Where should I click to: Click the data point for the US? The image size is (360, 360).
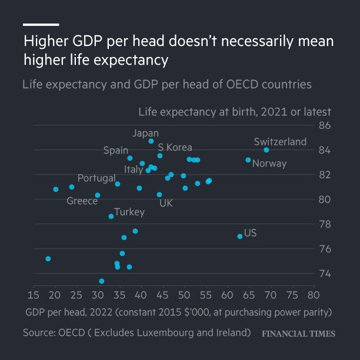[x=240, y=236]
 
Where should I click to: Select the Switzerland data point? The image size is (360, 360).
[x=266, y=150]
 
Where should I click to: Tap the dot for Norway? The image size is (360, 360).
[x=248, y=160]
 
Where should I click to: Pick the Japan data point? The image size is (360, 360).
[x=151, y=141]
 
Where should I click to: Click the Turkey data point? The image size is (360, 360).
[x=111, y=216]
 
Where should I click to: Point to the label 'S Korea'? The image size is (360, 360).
[x=175, y=148]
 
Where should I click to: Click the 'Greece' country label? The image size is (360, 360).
[x=82, y=201]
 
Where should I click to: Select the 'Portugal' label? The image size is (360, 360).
[x=96, y=178]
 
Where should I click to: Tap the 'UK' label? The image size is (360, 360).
[x=166, y=203]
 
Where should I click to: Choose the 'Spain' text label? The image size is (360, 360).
[x=116, y=151]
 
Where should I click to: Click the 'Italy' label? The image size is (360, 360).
[x=134, y=169]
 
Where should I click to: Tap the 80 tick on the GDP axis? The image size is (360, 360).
[x=314, y=295]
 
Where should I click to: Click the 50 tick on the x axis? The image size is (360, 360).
[x=184, y=295]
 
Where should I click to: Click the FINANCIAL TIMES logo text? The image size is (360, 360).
[x=298, y=334]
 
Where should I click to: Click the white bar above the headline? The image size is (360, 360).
[x=41, y=25]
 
